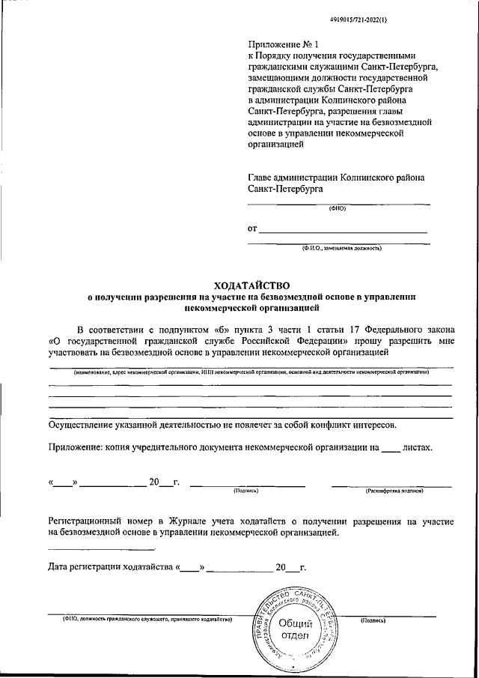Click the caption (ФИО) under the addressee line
coord(338,208)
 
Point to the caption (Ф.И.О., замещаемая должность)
coord(341,248)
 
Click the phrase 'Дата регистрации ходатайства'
coord(112,567)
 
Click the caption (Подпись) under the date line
coord(247,491)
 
